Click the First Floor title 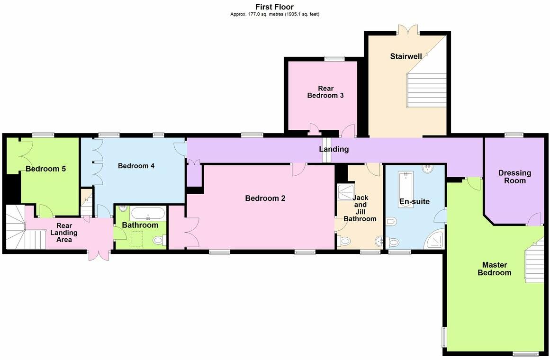pos(274,7)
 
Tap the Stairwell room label pos(406,56)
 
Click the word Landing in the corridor pos(334,149)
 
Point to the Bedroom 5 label pos(45,169)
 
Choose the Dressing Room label pos(514,177)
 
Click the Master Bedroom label pos(494,269)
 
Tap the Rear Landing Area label pos(64,233)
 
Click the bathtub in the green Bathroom pos(148,214)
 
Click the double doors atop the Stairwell pos(407,29)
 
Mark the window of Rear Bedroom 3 pos(334,58)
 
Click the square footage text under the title pos(274,14)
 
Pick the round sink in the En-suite pos(428,169)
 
